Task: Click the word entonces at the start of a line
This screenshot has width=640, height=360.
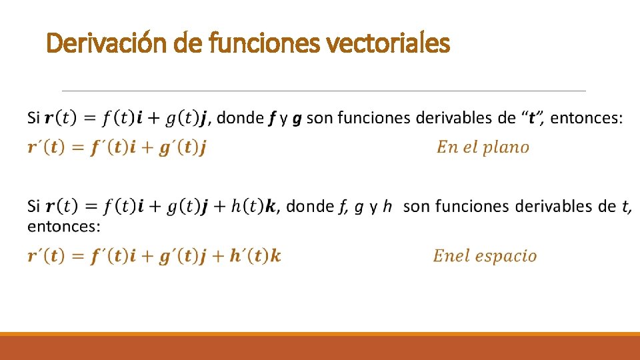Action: coord(63,227)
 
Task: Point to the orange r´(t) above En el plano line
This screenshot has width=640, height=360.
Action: coord(53,147)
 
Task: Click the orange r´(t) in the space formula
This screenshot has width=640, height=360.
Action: coord(53,255)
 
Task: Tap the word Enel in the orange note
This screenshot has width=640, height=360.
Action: coord(451,255)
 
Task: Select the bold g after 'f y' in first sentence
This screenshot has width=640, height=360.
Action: coord(297,119)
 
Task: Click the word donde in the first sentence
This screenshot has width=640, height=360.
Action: coord(240,118)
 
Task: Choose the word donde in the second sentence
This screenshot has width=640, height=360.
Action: coord(309,206)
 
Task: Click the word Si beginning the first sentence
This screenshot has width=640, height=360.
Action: coord(33,118)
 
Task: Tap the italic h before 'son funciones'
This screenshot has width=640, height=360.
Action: coord(389,206)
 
